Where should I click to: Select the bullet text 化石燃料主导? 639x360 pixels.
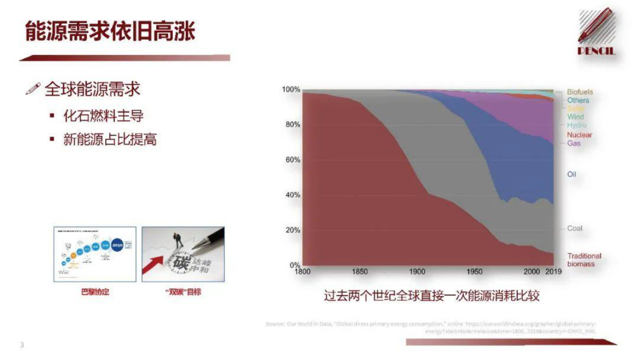103,116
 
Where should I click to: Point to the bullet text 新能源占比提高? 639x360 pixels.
110,140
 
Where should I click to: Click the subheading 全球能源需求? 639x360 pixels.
92,89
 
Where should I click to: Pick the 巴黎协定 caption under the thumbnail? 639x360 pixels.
95,292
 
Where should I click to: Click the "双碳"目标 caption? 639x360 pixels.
183,292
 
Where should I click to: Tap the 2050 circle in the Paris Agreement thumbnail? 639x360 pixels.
118,245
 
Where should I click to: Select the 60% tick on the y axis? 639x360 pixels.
291,160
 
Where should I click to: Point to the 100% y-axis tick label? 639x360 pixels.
290,89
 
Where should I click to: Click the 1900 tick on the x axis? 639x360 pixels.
417,272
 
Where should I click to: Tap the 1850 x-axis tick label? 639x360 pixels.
360,272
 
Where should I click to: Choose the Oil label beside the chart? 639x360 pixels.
571,174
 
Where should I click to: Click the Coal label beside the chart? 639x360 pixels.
574,228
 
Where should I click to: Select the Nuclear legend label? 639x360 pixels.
579,135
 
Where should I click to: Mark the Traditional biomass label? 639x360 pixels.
584,260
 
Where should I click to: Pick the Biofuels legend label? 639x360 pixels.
580,92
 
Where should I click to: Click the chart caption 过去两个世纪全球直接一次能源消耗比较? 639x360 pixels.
431,296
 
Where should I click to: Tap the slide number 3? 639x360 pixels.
22,345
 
